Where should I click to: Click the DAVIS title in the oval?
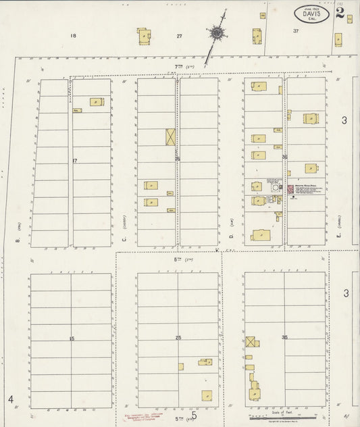click(x=311, y=13)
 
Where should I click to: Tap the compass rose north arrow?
click(x=216, y=32)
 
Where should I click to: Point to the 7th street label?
click(x=180, y=67)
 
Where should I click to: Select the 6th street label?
click(x=180, y=260)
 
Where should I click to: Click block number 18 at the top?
click(x=73, y=36)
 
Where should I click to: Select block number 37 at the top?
click(x=295, y=31)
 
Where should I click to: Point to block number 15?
click(x=71, y=337)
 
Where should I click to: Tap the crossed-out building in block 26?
click(x=171, y=136)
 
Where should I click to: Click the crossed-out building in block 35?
click(x=251, y=342)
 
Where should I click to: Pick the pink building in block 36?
click(x=290, y=191)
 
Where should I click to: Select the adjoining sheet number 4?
click(x=11, y=400)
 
